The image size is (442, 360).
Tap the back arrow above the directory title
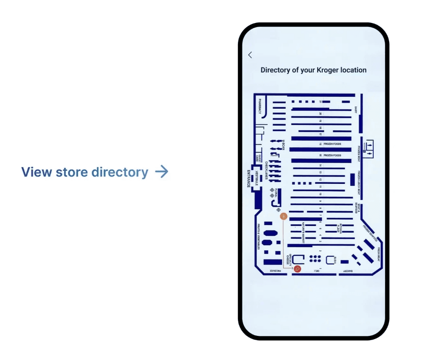click(250, 55)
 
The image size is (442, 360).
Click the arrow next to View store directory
click(162, 172)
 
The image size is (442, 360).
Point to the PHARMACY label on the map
click(260, 106)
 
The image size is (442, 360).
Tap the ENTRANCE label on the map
click(248, 179)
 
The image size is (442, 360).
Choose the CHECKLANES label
click(266, 170)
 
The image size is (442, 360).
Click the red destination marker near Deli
click(298, 268)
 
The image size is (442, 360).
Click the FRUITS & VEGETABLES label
click(259, 237)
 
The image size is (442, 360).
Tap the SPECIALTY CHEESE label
click(289, 259)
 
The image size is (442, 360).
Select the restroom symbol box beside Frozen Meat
click(369, 149)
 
